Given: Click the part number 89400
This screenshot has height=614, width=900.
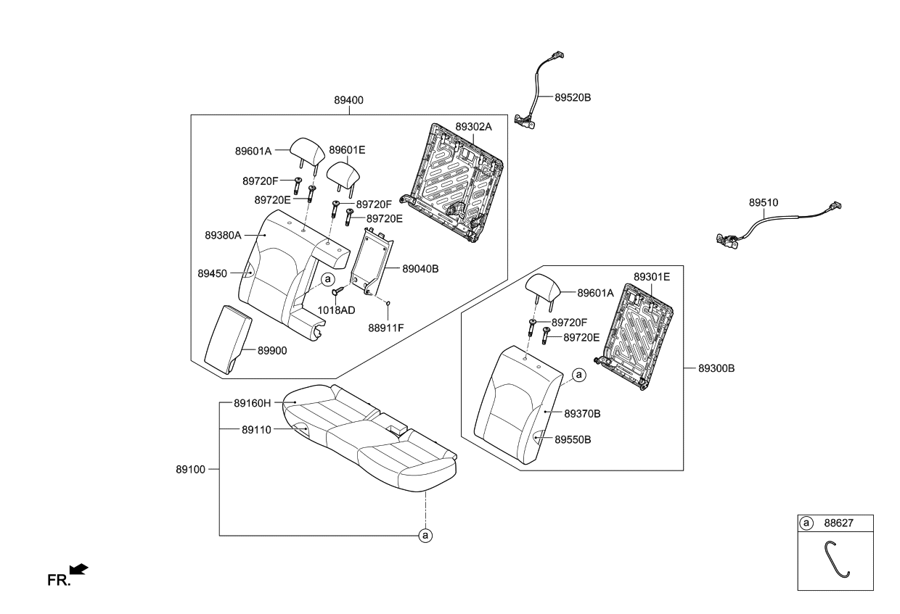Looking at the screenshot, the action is (x=348, y=100).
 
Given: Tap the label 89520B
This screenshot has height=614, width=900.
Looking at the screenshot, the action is (x=573, y=98).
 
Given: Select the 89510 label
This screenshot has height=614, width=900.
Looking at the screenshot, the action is (x=764, y=203).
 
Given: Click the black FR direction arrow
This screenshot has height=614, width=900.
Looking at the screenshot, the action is (x=78, y=569).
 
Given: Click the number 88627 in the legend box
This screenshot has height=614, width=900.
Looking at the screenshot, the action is (x=838, y=523).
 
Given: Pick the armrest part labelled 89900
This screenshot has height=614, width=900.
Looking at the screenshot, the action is (x=228, y=339).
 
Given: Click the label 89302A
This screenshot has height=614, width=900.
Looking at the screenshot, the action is (x=473, y=127).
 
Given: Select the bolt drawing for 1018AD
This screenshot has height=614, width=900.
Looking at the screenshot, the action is (x=337, y=291).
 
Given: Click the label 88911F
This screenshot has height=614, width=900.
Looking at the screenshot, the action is (x=385, y=328).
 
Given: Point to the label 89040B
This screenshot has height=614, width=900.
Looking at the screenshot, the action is (x=420, y=269).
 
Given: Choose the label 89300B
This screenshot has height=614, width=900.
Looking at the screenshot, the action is (x=716, y=368).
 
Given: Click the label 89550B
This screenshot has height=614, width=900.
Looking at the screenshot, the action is (x=573, y=439).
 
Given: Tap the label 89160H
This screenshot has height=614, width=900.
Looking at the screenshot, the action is (x=253, y=403).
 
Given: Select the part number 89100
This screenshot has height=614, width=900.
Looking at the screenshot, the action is (x=190, y=469).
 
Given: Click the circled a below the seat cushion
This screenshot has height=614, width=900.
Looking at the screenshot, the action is (x=425, y=535).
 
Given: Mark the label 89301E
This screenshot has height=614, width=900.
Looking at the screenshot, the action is (x=652, y=277).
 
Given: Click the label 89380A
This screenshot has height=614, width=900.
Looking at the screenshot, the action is (x=223, y=235).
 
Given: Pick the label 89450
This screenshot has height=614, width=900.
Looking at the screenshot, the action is (x=212, y=274).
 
